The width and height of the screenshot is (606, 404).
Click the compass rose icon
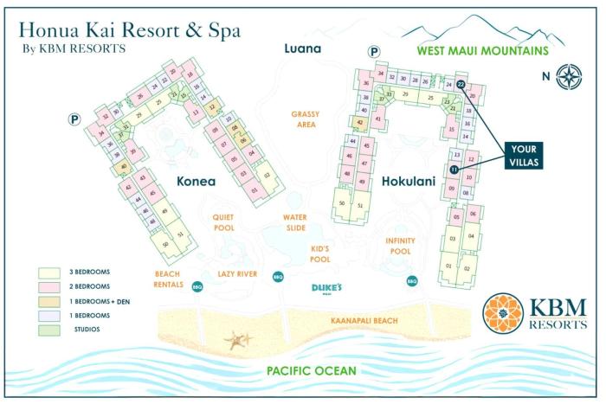[x=570, y=75]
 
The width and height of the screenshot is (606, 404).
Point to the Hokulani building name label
[x=409, y=182]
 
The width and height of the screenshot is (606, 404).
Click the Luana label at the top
[x=303, y=48]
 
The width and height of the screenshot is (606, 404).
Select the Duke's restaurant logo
[x=328, y=288]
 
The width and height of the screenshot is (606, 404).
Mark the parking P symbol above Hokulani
[x=374, y=52]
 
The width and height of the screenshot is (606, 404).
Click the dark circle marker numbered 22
[x=461, y=84]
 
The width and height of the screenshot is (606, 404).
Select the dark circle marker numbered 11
[x=454, y=170]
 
